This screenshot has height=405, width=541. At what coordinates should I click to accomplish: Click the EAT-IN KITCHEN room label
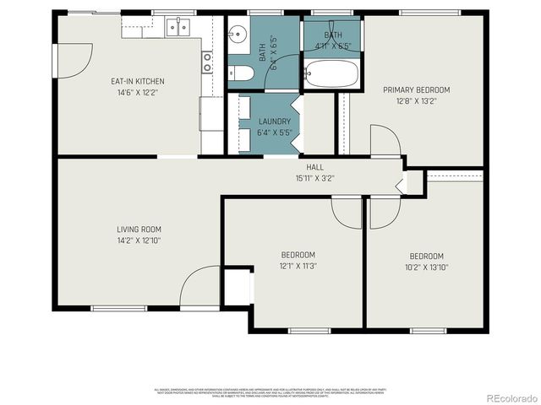[138, 82]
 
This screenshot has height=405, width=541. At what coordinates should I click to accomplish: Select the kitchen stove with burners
[206, 61]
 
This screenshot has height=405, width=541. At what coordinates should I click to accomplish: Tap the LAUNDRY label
[274, 121]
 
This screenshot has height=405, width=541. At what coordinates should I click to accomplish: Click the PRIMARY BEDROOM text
[416, 90]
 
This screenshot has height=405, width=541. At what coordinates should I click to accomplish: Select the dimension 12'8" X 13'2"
[416, 101]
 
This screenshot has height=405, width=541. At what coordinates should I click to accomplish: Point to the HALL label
[315, 167]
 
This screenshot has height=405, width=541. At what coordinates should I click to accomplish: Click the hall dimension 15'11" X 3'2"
[315, 178]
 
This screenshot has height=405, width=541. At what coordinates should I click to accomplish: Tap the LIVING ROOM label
[139, 229]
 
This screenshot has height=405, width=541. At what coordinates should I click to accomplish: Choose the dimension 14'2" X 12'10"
[139, 240]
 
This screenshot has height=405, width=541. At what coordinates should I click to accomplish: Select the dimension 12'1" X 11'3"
[298, 267]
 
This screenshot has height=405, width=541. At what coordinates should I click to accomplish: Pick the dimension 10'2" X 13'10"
[427, 267]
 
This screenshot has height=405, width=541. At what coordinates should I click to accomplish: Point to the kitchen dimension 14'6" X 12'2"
[138, 93]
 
